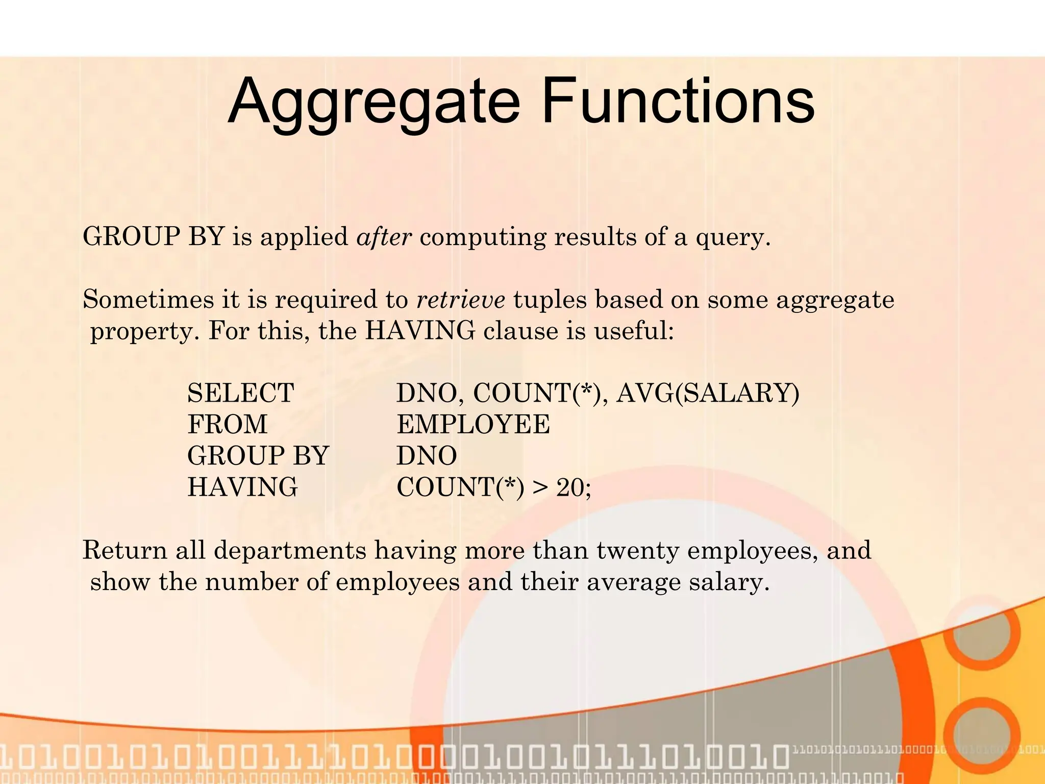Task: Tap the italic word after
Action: pos(384,237)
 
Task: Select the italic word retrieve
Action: pos(461,300)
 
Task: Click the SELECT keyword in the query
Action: pos(241,393)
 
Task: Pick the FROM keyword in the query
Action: pos(228,425)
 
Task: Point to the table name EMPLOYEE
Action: pos(474,425)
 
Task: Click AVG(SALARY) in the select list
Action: pos(708,393)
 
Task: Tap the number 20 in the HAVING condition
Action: pos(569,487)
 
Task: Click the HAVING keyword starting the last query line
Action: pos(242,487)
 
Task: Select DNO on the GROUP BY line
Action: pos(427,456)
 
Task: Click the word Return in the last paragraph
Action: pos(125,551)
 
